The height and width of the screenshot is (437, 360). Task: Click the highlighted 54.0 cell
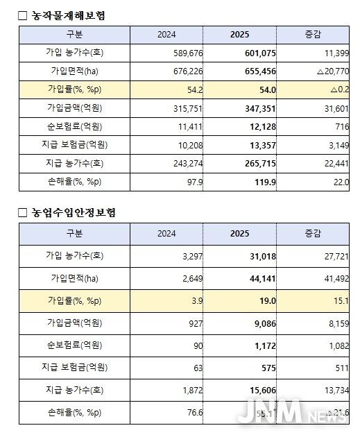click(x=259, y=89)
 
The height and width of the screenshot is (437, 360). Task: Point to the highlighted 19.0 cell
click(x=259, y=300)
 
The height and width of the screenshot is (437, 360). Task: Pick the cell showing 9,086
click(x=259, y=323)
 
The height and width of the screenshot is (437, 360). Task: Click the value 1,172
click(x=259, y=345)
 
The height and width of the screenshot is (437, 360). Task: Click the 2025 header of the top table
click(x=239, y=34)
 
